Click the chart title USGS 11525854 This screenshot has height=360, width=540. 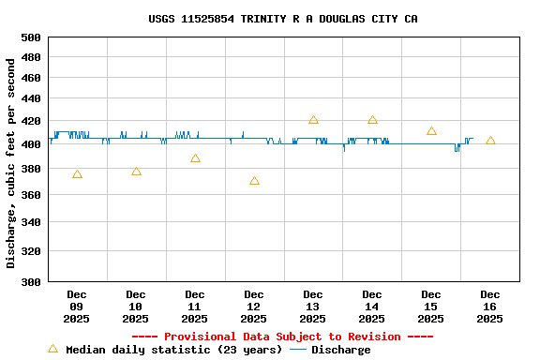(x=283, y=19)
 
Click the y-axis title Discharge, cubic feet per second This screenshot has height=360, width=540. (x=11, y=163)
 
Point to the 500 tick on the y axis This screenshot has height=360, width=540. (x=31, y=37)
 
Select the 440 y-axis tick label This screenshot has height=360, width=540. (x=31, y=98)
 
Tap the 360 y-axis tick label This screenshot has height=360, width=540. (x=31, y=195)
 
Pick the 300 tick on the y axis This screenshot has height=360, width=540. (x=31, y=281)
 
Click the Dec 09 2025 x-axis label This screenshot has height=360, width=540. (x=77, y=307)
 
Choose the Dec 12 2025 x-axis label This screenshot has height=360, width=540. (x=254, y=307)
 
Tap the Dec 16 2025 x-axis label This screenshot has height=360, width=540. (x=490, y=307)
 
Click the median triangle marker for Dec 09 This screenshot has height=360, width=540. (x=77, y=174)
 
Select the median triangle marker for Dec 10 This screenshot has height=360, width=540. (x=136, y=172)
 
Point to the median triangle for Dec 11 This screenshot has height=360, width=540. (x=195, y=158)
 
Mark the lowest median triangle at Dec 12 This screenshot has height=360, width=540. (x=254, y=181)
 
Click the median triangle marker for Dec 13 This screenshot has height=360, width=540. (x=313, y=120)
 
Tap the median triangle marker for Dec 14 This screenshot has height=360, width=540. (x=372, y=120)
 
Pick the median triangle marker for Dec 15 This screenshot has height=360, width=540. (x=431, y=131)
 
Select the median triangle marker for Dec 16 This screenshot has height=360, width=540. (x=490, y=141)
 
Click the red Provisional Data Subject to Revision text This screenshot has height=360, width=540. (x=283, y=337)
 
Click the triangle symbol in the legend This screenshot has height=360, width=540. (x=52, y=349)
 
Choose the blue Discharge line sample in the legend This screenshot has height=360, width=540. (x=298, y=350)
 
